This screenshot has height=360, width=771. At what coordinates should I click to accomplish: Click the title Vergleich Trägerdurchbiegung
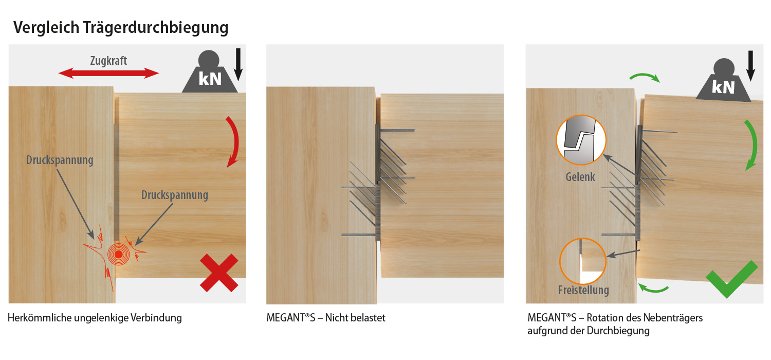pos(121,28)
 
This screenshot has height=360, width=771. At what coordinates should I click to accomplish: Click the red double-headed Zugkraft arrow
pos(109,74)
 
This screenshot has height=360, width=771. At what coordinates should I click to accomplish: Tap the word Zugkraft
pos(109,61)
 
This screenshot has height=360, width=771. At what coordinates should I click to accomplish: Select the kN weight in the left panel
pos(210,73)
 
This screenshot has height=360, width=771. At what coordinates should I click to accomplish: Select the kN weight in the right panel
pos(723,81)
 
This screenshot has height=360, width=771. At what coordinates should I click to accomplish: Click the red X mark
pos(219,273)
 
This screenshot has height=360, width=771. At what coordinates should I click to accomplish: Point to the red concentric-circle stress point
pos(118,254)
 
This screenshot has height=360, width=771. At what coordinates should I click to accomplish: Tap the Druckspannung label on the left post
pos(60,160)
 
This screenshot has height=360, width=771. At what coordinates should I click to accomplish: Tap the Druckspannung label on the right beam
pos(175,195)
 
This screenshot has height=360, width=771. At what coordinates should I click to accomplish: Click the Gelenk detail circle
pos(581,140)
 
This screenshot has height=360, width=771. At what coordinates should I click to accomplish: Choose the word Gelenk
pos(580,177)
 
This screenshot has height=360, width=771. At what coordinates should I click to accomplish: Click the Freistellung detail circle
pos(583,261)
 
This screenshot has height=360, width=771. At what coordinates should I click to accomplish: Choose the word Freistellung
pos(583,290)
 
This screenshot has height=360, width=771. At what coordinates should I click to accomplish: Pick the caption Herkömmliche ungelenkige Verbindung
pos(95,318)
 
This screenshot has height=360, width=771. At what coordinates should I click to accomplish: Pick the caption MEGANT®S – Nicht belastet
pos(326,318)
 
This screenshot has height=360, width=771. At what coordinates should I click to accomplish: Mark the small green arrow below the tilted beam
pos(653,289)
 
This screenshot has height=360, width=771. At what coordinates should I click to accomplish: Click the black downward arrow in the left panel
pos(238,65)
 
